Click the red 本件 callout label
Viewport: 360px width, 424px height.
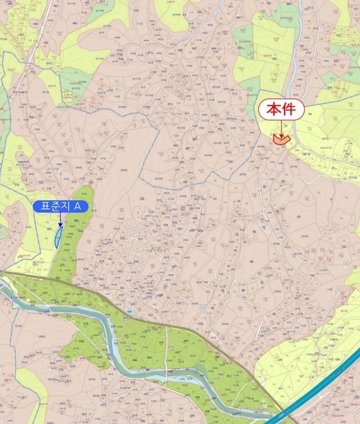pyautogui.click(x=281, y=110)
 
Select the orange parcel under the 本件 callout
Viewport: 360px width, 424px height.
pyautogui.click(x=281, y=139)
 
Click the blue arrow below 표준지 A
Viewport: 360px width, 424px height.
pyautogui.click(x=61, y=220)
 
